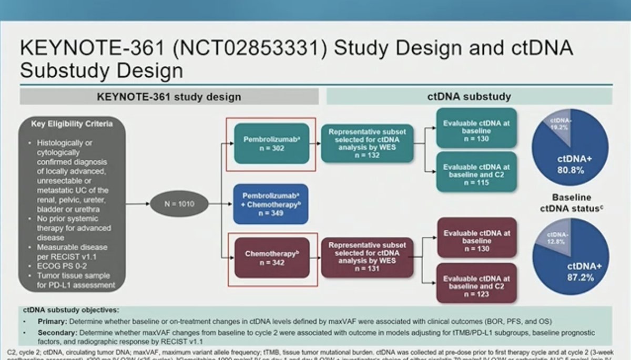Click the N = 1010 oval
click(179, 203)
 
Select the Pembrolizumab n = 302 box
click(271, 144)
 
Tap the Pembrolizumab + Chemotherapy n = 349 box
click(271, 204)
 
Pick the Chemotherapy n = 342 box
click(272, 259)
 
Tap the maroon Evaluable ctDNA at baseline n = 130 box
click(476, 237)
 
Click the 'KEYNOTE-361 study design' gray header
click(169, 97)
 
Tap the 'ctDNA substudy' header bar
click(469, 97)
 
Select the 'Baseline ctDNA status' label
click(571, 203)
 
